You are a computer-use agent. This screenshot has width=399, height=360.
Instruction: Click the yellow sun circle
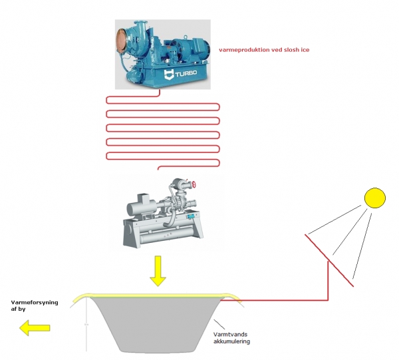374,198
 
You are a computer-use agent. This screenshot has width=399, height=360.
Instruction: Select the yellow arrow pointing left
35,327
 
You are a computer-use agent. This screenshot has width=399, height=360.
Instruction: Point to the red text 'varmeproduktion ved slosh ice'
264,49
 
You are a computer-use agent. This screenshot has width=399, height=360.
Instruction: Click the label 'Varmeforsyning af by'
35,305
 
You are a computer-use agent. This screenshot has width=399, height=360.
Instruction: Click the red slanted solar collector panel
329,260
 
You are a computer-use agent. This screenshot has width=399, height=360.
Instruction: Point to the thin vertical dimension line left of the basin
87,326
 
